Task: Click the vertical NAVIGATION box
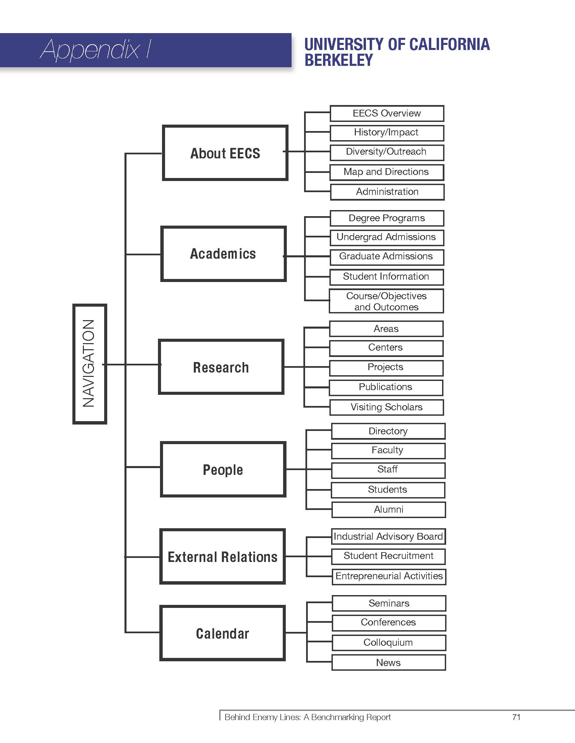(90, 364)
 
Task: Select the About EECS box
(225, 153)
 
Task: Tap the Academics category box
(223, 254)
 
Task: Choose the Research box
(221, 367)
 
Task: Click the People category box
(223, 469)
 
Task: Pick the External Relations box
(223, 557)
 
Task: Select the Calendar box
(223, 633)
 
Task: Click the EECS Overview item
(387, 113)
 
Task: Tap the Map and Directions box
(387, 172)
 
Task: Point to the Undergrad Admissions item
(387, 237)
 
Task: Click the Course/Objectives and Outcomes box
(386, 301)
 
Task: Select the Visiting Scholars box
(387, 407)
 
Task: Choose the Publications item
(386, 387)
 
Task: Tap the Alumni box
(388, 509)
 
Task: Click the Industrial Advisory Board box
(388, 537)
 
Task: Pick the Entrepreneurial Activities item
(389, 576)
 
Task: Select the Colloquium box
(388, 642)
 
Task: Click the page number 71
(516, 717)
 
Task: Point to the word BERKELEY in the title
(339, 60)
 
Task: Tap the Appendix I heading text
(96, 50)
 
